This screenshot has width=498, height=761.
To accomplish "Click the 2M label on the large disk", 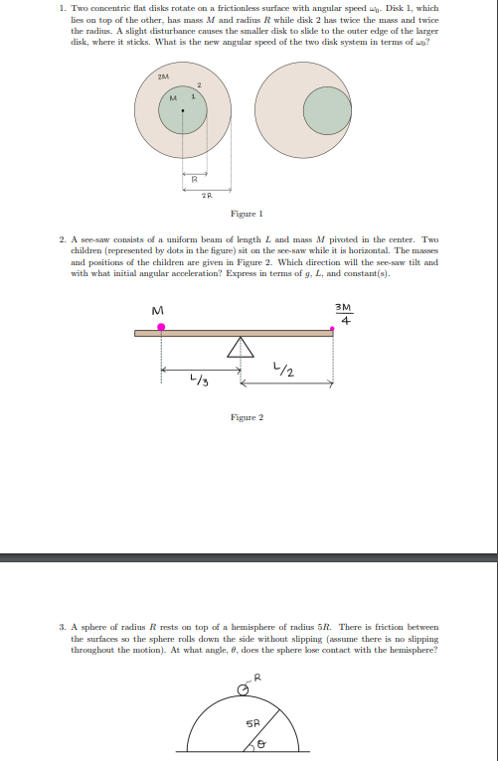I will pos(163,76).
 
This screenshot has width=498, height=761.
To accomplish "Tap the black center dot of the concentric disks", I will pos(182,110).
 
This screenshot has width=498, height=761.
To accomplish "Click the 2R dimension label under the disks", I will pos(206,196).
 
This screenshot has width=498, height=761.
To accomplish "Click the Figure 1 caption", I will pos(246,214).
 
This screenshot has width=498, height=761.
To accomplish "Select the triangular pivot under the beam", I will pos(239,347).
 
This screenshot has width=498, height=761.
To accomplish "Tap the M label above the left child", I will pos(157,311).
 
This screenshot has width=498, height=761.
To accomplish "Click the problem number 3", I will pos(62,628).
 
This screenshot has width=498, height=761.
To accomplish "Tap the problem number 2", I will pos(62,239).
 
